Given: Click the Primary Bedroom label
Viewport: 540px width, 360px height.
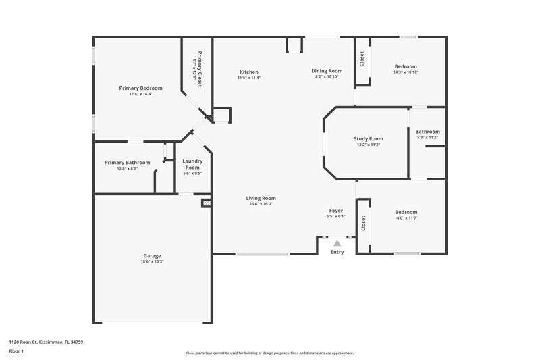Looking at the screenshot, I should (140, 88).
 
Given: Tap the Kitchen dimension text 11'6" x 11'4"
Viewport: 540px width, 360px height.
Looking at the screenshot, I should (248, 78).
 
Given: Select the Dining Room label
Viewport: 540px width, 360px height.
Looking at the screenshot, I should (327, 71).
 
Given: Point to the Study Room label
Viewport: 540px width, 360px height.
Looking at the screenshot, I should (369, 138).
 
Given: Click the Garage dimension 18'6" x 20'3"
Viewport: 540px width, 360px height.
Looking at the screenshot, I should (152, 262).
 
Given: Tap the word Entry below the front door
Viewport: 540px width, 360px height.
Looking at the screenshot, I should (337, 252).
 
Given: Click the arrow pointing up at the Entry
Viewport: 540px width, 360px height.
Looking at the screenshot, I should (337, 241).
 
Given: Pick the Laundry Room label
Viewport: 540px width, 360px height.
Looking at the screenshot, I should (192, 163).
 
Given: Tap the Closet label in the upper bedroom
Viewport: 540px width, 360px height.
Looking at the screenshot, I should (362, 59).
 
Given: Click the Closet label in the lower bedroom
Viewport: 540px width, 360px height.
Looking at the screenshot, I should (364, 224).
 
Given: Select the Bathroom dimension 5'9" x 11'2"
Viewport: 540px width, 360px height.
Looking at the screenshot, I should (427, 138).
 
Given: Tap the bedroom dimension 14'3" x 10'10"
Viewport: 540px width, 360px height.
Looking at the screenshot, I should (406, 72).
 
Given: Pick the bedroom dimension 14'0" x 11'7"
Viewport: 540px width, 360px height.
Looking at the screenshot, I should (406, 218).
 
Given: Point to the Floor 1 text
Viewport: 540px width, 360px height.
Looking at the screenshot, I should (16, 351).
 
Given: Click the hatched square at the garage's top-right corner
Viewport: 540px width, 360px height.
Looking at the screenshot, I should (207, 202).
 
